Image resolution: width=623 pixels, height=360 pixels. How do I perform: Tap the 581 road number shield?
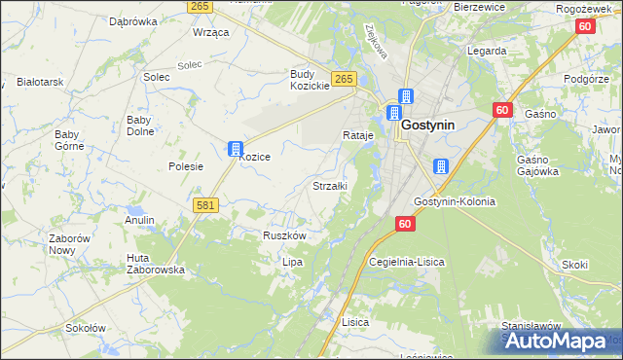(204, 205)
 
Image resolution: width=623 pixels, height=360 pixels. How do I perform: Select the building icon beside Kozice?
(235, 149)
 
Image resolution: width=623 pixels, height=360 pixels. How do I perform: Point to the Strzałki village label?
(330, 185)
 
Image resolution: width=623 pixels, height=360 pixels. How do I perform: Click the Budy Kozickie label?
(311, 80)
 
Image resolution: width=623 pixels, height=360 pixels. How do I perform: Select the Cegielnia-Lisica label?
(408, 262)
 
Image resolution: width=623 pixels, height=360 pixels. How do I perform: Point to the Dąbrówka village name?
(133, 20)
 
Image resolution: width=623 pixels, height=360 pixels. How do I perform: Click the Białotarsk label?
(40, 82)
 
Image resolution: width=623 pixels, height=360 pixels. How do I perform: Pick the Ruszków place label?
(285, 235)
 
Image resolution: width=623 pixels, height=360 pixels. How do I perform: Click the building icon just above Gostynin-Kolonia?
(440, 167)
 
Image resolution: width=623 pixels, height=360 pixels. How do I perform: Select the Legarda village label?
(487, 51)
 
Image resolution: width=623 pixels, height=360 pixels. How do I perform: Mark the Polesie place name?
(185, 166)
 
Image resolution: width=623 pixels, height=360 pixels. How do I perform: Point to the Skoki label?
(574, 264)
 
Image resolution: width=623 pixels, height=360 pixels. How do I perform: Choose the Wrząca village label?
(210, 32)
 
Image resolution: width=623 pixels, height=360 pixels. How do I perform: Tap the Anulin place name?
(139, 220)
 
